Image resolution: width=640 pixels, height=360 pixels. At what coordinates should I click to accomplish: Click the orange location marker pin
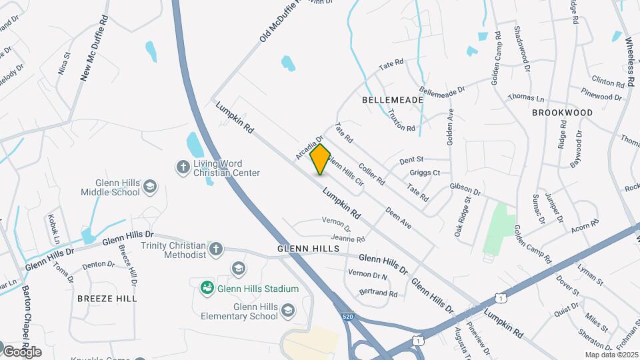pyautogui.click(x=321, y=159)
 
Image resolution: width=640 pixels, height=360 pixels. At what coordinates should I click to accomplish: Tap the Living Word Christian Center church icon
pyautogui.click(x=183, y=167)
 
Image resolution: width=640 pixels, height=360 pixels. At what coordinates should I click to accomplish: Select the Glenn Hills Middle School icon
pyautogui.click(x=150, y=186)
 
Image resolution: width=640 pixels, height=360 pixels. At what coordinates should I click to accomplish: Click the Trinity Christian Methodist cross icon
pyautogui.click(x=215, y=249)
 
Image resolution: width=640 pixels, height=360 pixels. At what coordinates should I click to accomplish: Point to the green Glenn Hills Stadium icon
pyautogui.click(x=207, y=288)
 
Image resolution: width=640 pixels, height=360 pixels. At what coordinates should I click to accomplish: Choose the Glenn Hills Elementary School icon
pyautogui.click(x=287, y=310)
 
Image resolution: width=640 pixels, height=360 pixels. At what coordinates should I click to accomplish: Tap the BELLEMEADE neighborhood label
pyautogui.click(x=393, y=99)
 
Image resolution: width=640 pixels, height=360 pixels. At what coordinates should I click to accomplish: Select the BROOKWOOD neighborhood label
pyautogui.click(x=562, y=113)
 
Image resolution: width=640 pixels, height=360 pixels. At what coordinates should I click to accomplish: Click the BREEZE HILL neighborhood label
pyautogui.click(x=107, y=298)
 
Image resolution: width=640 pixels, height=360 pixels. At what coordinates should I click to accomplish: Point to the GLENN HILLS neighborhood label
pyautogui.click(x=305, y=249)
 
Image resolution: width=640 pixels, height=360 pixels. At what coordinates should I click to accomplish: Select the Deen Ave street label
pyautogui.click(x=399, y=219)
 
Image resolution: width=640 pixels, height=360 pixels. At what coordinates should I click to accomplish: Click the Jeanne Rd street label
pyautogui.click(x=347, y=239)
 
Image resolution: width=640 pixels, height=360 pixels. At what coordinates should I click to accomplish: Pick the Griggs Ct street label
pyautogui.click(x=427, y=173)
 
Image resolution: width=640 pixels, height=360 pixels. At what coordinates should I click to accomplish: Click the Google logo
pyautogui.click(x=22, y=351)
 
